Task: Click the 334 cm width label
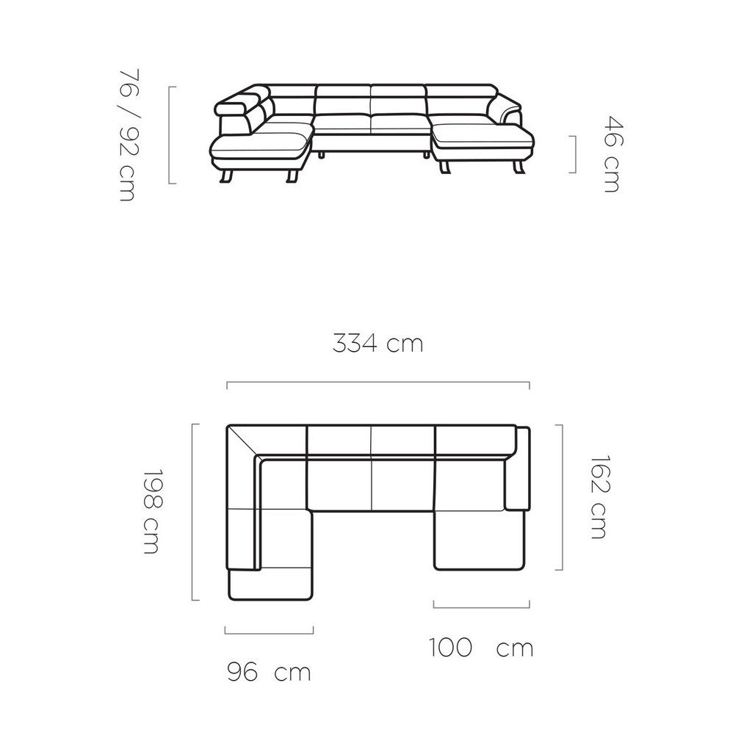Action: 377,344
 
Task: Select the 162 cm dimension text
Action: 599,498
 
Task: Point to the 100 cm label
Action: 481,648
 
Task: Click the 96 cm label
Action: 268,672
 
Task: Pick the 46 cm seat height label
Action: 610,153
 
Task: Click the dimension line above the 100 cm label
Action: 481,607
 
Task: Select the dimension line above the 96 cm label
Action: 269,632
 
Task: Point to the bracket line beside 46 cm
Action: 574,153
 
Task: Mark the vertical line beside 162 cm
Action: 562,497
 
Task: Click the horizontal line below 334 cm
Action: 377,383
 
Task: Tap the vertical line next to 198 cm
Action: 193,512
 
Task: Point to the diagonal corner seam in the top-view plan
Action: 242,442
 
